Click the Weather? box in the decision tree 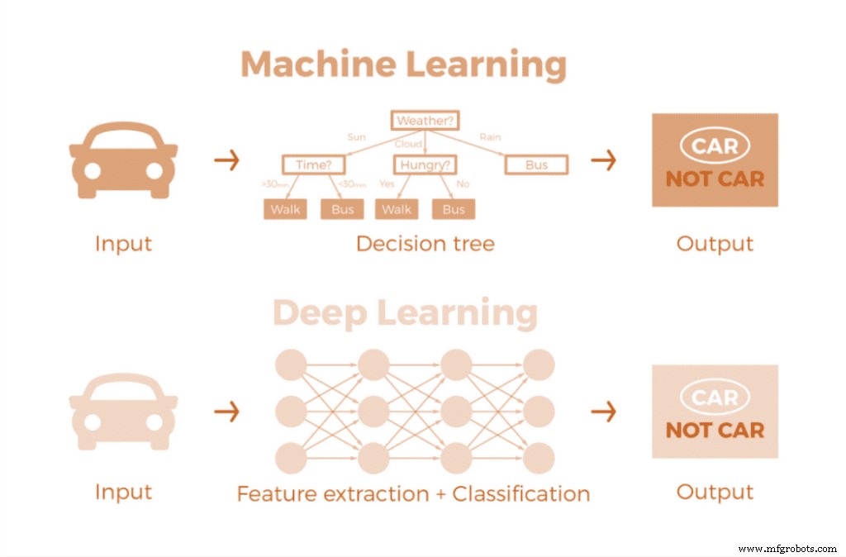click(x=425, y=121)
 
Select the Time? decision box click(x=313, y=165)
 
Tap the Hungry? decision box click(x=425, y=165)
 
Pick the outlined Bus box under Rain click(x=536, y=165)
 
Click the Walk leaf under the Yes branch click(x=397, y=209)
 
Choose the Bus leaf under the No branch click(x=454, y=209)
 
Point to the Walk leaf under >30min click(x=285, y=209)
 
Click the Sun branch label click(x=356, y=137)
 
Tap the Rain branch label click(x=490, y=137)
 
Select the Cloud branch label click(x=408, y=144)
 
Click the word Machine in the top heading click(x=318, y=65)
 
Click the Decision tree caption click(x=425, y=244)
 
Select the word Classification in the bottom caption click(x=521, y=494)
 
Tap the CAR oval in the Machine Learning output click(x=715, y=146)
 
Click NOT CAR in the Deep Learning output click(x=715, y=430)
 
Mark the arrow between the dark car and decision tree click(x=226, y=160)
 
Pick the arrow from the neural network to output click(x=604, y=411)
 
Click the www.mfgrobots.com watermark click(x=787, y=549)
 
